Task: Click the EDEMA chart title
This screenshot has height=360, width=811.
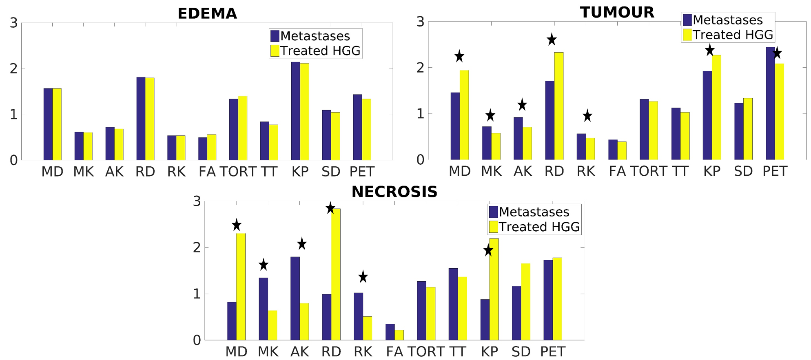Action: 207,13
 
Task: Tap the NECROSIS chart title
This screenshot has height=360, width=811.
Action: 394,192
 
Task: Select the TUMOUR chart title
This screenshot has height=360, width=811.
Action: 617,12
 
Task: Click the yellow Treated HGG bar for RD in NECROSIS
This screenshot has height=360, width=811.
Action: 336,274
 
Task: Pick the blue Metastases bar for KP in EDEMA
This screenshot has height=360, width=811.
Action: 295,111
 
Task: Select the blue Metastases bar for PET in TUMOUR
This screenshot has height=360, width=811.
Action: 770,104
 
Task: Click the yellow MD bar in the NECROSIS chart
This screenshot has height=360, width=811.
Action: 241,287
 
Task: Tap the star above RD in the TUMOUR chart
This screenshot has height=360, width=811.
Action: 552,40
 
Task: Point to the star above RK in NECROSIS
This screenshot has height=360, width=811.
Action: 363,277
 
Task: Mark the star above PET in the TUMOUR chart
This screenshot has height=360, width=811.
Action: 777,53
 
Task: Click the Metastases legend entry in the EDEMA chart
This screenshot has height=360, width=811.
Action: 315,36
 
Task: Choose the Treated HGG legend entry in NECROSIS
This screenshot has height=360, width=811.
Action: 539,227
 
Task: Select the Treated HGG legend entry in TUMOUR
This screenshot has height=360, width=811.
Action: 733,35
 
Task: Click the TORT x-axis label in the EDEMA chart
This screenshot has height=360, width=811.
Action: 238,172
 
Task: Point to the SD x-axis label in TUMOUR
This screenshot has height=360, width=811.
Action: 743,171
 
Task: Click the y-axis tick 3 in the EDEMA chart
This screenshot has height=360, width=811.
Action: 14,23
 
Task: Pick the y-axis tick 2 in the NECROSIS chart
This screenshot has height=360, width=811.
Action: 197,247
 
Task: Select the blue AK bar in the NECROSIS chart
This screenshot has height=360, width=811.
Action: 295,298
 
